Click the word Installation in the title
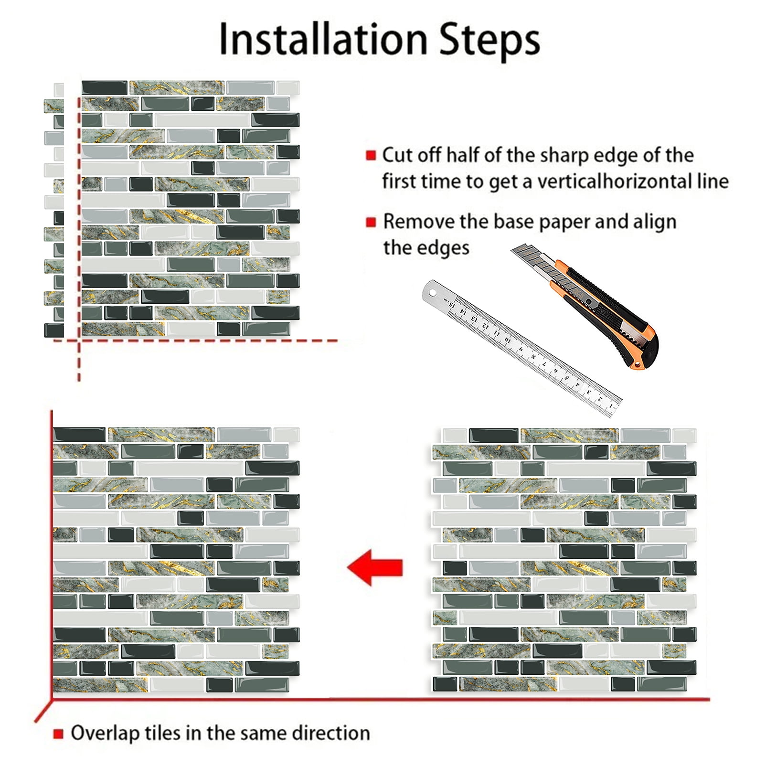(323, 39)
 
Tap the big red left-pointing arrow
(375, 567)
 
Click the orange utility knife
(585, 306)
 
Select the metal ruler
(522, 348)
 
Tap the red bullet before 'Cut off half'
(371, 155)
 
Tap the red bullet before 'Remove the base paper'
(371, 222)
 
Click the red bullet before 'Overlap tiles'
(58, 734)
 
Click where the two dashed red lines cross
(79, 340)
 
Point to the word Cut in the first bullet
(396, 155)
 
